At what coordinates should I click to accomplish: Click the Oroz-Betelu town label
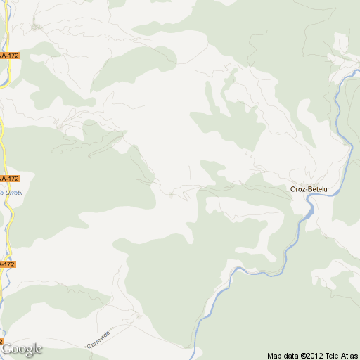(309, 188)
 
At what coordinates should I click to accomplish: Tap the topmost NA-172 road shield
(9, 55)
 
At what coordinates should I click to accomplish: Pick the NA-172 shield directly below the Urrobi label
(6, 264)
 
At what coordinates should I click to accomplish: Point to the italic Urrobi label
(10, 192)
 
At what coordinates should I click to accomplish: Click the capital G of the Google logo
(7, 348)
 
